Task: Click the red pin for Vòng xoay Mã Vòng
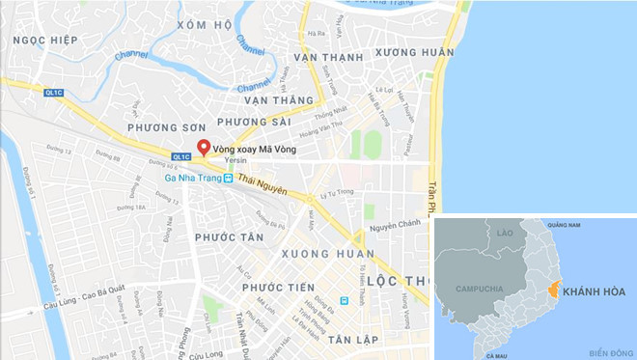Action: click(x=204, y=148)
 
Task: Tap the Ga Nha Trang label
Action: click(x=189, y=178)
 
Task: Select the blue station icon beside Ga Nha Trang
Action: click(x=228, y=178)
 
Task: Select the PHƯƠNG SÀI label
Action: click(x=254, y=122)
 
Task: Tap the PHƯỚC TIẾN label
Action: click(x=279, y=288)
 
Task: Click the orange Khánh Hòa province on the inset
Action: click(x=552, y=290)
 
